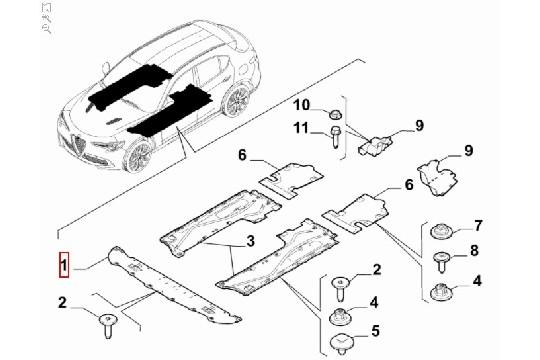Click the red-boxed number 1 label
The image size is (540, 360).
[63, 267]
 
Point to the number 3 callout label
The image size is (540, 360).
[251, 241]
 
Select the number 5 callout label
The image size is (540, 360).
[375, 331]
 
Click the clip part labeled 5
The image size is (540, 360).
[341, 345]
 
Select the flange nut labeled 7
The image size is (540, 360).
[440, 235]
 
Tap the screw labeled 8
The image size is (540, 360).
[441, 264]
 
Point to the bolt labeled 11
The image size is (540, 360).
[334, 137]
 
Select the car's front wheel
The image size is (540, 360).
[140, 156]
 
